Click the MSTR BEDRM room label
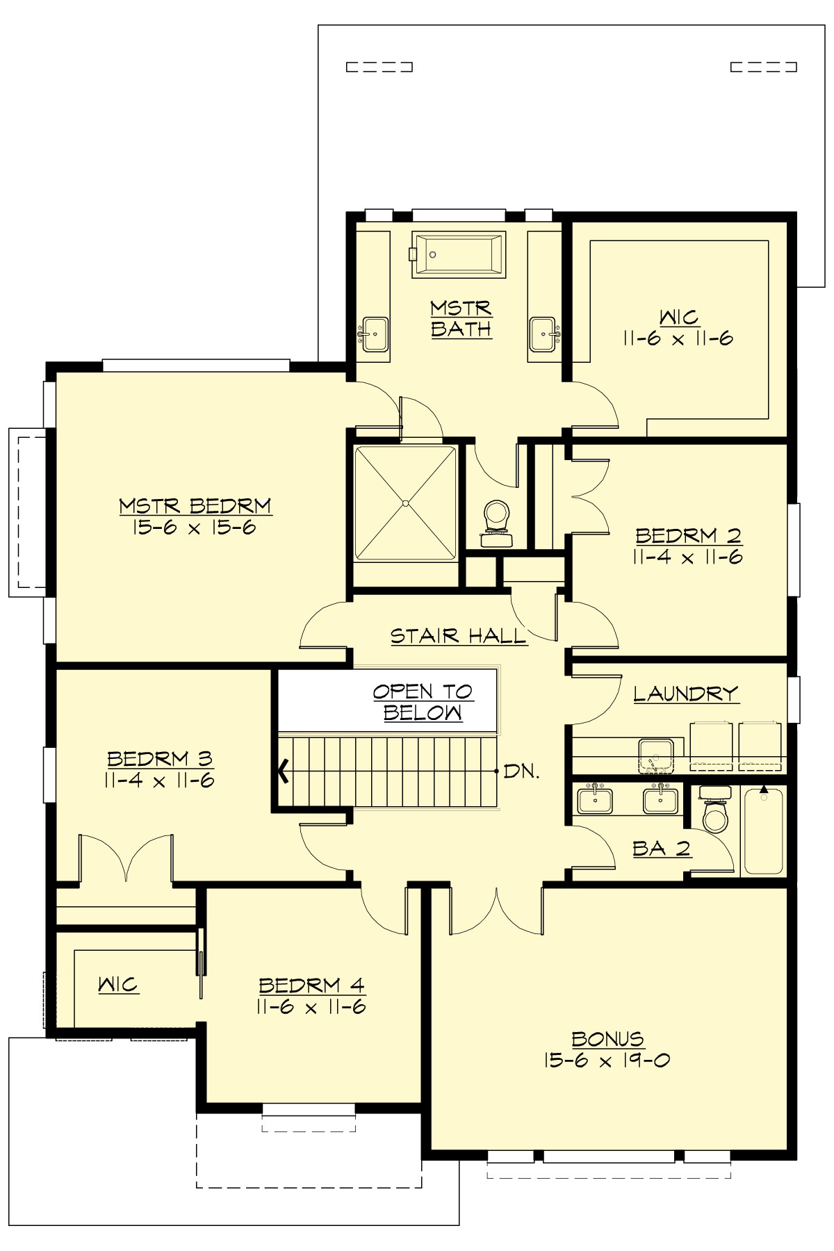[195, 505]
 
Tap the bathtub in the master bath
[457, 255]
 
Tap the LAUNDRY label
[685, 694]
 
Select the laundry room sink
[655, 755]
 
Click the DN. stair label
[521, 771]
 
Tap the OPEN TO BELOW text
[423, 702]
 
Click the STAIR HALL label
[458, 636]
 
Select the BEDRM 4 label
[311, 985]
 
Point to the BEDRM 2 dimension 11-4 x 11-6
[688, 557]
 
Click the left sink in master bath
[374, 335]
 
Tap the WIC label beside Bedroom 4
[118, 984]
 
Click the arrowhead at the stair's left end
[284, 771]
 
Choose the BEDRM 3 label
[159, 758]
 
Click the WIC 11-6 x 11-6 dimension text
[678, 339]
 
